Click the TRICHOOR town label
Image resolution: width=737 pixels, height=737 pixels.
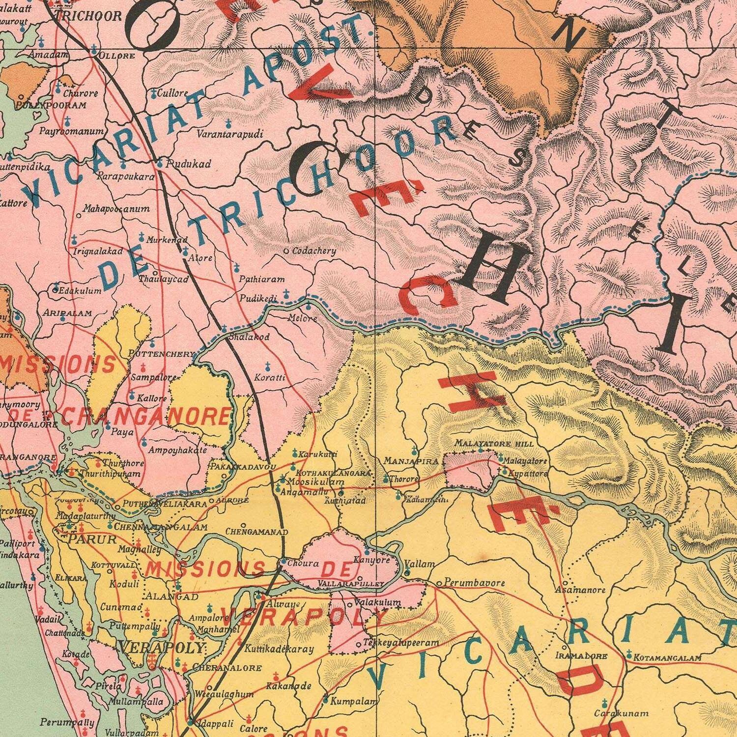click(x=88, y=16)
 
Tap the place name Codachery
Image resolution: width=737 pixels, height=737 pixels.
click(x=314, y=251)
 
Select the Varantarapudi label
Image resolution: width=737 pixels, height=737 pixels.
click(x=230, y=134)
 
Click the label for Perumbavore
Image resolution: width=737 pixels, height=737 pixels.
click(x=474, y=583)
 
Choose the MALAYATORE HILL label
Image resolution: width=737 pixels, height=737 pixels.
click(x=493, y=444)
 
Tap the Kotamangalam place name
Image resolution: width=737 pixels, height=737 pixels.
click(x=667, y=657)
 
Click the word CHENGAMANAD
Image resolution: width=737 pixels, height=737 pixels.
click(x=256, y=531)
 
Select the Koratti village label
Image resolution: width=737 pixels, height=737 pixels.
click(x=270, y=378)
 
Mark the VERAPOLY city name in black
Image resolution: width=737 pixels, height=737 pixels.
click(x=161, y=648)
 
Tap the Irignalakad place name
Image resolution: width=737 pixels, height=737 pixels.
click(x=98, y=251)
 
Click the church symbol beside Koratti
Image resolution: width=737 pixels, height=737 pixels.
click(x=268, y=366)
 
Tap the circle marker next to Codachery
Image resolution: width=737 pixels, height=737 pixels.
click(x=287, y=251)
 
